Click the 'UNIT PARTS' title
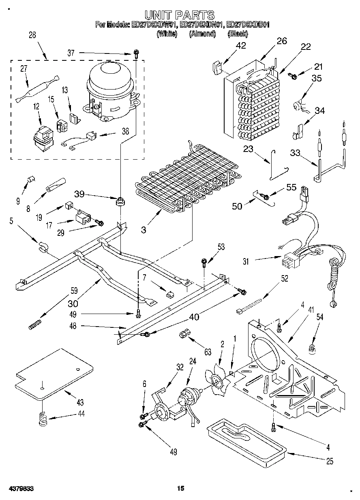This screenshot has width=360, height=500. pos(180,15)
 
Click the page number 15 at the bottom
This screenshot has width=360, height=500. pos(180,489)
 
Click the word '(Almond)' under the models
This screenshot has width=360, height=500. pos(202,34)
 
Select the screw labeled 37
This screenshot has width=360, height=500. pos(137,53)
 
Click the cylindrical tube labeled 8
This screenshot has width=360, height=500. pos(55,186)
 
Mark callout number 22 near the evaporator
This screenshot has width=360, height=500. pos(305,46)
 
